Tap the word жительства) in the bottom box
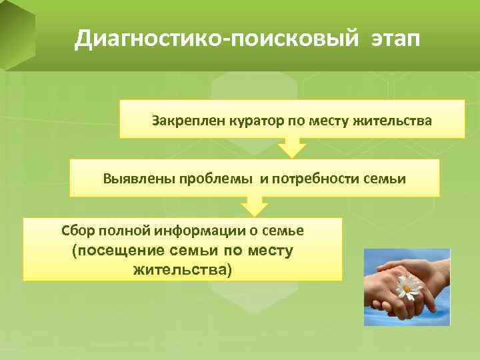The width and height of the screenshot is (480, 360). click(x=183, y=270)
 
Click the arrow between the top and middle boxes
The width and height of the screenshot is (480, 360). click(x=291, y=147)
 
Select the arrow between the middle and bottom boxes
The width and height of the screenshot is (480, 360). click(x=254, y=205)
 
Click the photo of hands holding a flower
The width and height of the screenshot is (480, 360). click(x=407, y=287)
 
